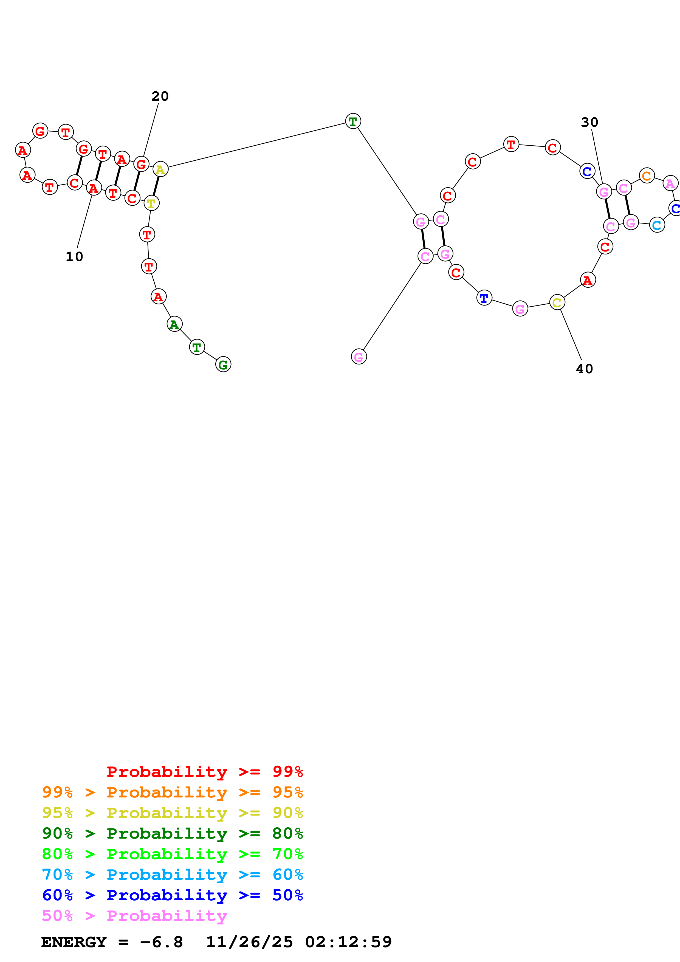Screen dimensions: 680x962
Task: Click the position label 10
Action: click(74, 256)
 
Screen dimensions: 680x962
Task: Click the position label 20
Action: click(160, 96)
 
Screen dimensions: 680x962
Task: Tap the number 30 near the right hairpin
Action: click(589, 122)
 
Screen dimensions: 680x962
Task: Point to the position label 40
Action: click(584, 369)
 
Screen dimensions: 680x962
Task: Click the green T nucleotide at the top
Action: click(353, 121)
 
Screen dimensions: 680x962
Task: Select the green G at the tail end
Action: click(223, 364)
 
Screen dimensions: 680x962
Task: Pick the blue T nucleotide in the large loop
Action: click(484, 298)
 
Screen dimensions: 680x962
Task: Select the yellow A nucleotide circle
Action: click(160, 169)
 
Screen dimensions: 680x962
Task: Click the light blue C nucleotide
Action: click(656, 225)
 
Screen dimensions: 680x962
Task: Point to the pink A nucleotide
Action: click(670, 183)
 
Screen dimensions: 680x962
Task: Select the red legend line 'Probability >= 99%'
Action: click(204, 771)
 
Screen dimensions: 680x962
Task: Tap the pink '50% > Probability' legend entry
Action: click(134, 915)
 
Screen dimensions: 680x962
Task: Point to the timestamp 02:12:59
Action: click(348, 942)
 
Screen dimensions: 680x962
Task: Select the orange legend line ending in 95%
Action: click(172, 792)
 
